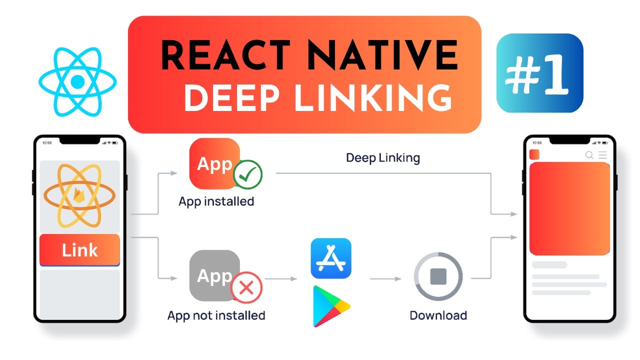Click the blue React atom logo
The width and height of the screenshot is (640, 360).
tap(77, 81)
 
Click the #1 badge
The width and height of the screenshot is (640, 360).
tap(539, 73)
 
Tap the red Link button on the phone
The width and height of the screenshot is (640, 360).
tap(79, 249)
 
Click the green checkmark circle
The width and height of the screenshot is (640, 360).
tap(248, 174)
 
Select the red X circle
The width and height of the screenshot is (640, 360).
tap(246, 287)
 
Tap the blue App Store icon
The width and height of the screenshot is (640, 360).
tap(331, 258)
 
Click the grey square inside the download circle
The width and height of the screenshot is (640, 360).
tap(438, 276)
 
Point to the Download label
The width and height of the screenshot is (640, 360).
tap(438, 315)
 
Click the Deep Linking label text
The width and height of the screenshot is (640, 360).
tap(383, 158)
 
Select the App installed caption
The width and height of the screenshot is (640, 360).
tap(216, 201)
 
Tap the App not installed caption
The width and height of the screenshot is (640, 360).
tap(216, 315)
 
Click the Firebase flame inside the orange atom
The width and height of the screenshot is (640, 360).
tap(79, 194)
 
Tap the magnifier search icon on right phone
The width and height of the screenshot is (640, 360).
tap(589, 155)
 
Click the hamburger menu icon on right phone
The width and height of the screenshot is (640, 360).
tap(602, 155)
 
